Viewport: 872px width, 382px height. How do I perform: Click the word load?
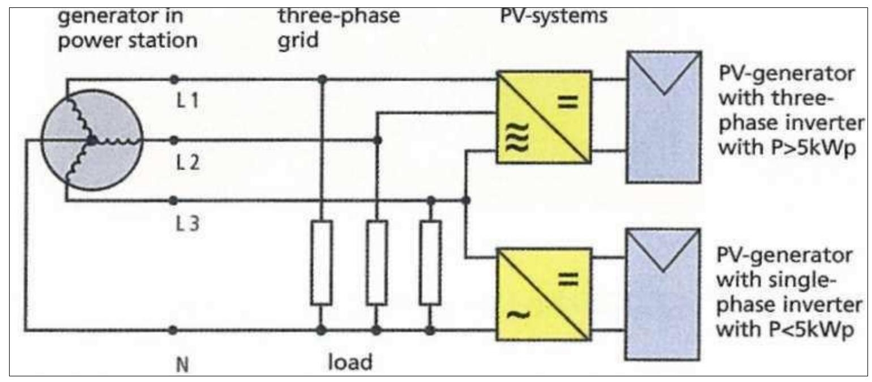[x=350, y=362]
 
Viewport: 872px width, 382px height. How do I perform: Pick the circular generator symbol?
[x=91, y=140]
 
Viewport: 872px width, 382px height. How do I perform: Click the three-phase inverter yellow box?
[x=544, y=117]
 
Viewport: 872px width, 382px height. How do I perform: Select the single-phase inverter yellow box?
[x=544, y=295]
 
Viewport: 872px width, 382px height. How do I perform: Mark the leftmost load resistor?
[x=322, y=263]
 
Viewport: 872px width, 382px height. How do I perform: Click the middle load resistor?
[x=377, y=263]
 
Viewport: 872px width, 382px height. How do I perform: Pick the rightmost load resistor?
[x=430, y=263]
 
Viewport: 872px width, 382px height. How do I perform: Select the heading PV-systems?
[x=554, y=15]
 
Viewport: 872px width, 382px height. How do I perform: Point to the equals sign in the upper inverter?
[x=569, y=102]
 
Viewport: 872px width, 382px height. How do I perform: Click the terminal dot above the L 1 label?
[x=174, y=79]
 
